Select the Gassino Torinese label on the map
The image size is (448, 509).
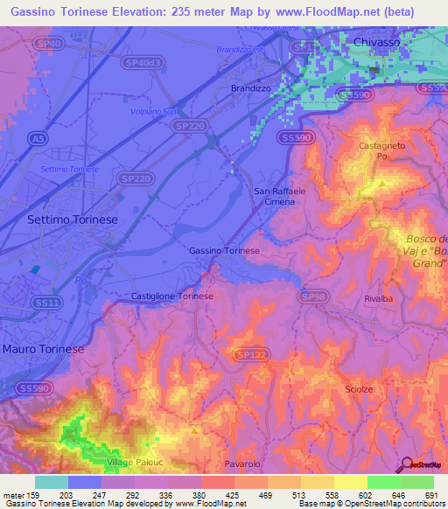(x=225, y=251)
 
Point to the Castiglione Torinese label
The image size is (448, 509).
(x=172, y=296)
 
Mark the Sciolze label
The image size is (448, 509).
(x=360, y=388)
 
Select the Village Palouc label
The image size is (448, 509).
(x=134, y=462)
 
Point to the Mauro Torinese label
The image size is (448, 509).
(x=43, y=349)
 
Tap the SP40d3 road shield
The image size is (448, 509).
(x=142, y=62)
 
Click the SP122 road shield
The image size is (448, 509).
(x=248, y=353)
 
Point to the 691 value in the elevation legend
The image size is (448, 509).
(x=430, y=497)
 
